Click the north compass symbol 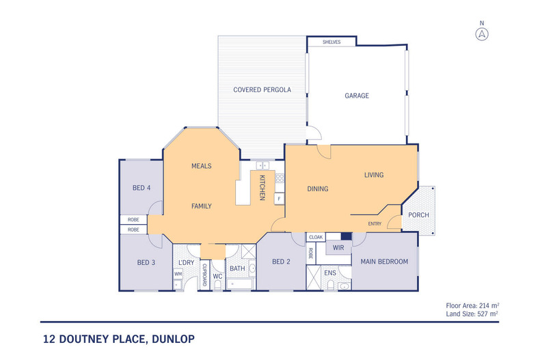coord(483,33)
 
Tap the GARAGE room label coord(356,96)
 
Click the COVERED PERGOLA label coord(262,89)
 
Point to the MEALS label coord(201,166)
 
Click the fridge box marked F coord(279,199)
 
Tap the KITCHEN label coord(262,188)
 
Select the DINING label coord(317,189)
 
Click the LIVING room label coord(373,175)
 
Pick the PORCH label coord(418,215)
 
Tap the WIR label coord(337,247)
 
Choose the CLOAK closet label coord(316,237)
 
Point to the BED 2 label coord(282,262)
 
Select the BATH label coord(237,268)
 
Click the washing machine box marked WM coord(178,275)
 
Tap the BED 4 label coord(141,188)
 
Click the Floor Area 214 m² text coord(471,305)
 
